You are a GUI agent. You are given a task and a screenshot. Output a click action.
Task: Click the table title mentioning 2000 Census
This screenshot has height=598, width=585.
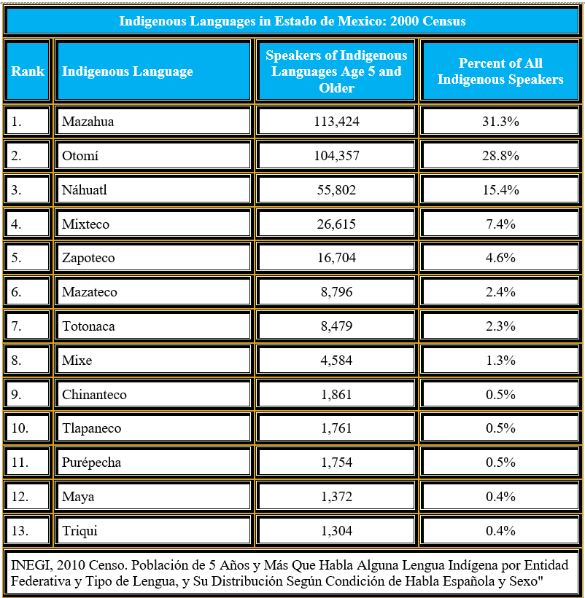tap(292, 21)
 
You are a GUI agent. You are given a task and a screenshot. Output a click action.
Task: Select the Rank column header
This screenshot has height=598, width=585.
tap(28, 71)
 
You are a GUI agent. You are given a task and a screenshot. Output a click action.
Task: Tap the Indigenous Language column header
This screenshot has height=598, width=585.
tap(127, 71)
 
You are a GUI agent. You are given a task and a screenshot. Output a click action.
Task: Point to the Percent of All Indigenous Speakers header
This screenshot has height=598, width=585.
tap(500, 71)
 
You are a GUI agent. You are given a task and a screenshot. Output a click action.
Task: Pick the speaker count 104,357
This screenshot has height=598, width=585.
tap(336, 156)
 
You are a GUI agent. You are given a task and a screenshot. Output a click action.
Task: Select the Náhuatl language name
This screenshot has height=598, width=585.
tap(85, 189)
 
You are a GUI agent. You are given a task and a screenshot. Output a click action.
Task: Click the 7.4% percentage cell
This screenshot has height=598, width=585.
tap(500, 224)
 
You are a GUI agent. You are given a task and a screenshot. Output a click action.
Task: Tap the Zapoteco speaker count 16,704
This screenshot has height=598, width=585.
tap(336, 258)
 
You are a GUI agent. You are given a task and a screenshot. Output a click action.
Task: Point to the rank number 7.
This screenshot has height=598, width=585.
tap(16, 326)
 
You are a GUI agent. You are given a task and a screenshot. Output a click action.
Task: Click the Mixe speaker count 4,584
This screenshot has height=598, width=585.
tap(336, 361)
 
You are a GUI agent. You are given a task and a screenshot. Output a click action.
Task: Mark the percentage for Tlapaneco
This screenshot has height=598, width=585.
tap(500, 428)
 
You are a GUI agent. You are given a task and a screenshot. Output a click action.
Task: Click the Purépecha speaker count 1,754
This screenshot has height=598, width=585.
tap(336, 463)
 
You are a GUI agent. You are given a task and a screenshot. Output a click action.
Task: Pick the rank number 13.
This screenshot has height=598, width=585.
tap(20, 531)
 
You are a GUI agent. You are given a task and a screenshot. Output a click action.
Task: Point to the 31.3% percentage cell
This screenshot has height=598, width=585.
tap(500, 122)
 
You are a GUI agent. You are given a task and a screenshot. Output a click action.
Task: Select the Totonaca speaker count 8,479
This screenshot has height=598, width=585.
tap(336, 326)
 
